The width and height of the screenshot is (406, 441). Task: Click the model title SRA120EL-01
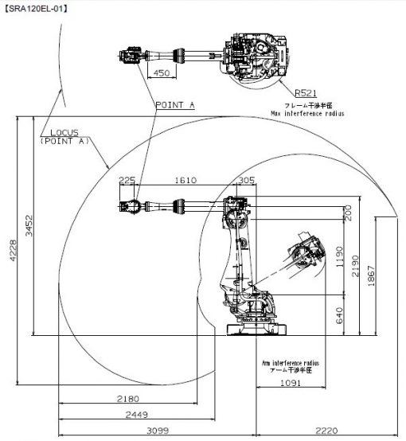point(36,9)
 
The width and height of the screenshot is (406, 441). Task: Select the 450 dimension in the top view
point(162,73)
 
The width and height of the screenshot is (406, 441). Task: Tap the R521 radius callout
point(306,93)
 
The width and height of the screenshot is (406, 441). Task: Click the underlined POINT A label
point(175,105)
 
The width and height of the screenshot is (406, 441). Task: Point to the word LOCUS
point(64,132)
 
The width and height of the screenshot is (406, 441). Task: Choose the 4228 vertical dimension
point(13,250)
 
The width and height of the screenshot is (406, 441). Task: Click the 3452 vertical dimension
point(29,225)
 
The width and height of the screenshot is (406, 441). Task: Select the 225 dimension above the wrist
point(127,180)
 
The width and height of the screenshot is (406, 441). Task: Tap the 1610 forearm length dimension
point(185,180)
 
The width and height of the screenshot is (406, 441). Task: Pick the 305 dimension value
point(247,180)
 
